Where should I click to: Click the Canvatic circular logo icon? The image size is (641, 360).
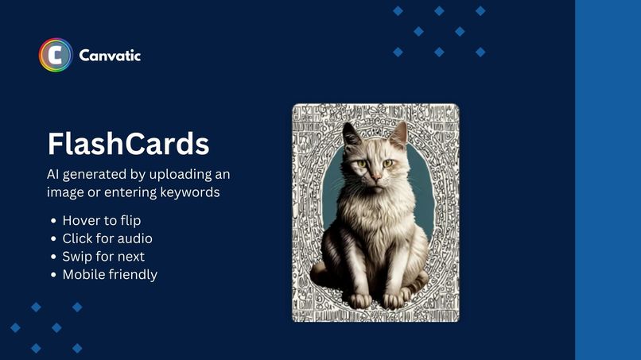click(56, 56)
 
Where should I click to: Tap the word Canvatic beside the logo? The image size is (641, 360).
click(110, 56)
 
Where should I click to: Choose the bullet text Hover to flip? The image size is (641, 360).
click(101, 220)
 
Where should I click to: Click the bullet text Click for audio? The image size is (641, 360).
click(107, 238)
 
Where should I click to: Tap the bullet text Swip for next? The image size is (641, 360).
click(103, 257)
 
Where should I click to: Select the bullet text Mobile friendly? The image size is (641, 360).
click(110, 275)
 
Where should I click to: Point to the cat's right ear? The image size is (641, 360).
click(398, 134)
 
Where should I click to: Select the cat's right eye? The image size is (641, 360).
click(387, 163)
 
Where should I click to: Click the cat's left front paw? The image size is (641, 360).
click(360, 300)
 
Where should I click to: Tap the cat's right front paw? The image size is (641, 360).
click(394, 300)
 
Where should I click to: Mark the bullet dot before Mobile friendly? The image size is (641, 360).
click(53, 276)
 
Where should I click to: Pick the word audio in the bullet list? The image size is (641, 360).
click(135, 238)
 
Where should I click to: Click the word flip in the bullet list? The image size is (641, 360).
click(130, 220)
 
